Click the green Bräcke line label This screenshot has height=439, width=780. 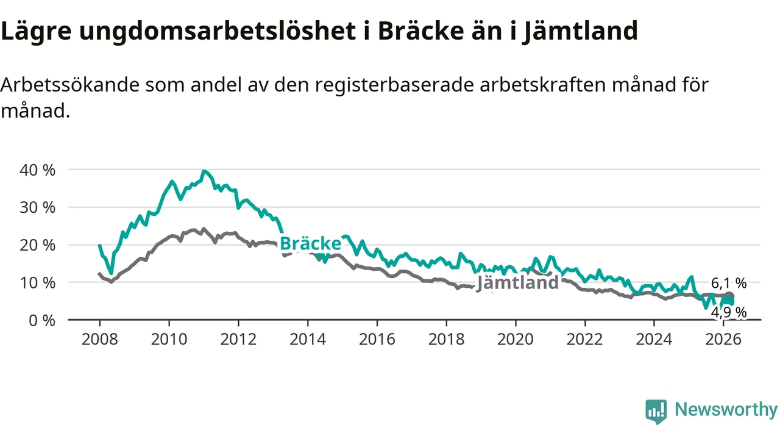tap(310, 244)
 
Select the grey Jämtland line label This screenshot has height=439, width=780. tap(517, 282)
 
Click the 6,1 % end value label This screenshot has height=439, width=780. tap(729, 283)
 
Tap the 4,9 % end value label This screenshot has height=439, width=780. tap(729, 313)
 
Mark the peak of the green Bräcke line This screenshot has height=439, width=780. tap(204, 171)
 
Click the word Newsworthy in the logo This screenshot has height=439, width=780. tap(726, 410)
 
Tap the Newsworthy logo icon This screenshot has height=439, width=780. tap(656, 412)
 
